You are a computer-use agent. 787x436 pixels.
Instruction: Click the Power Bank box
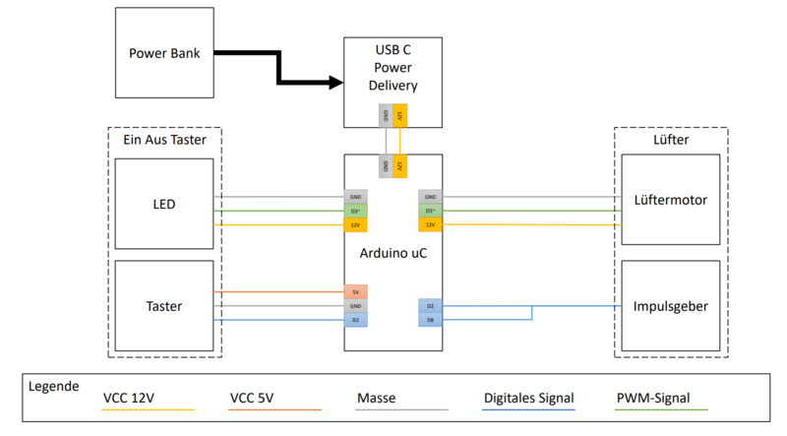(164, 52)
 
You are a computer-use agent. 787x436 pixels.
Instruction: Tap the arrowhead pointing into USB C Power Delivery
(333, 84)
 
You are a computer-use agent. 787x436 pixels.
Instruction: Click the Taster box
(164, 306)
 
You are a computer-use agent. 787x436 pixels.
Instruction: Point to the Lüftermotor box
(671, 201)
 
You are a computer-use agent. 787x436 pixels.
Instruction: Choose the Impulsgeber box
(671, 306)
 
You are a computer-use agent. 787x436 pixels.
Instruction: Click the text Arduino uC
(393, 252)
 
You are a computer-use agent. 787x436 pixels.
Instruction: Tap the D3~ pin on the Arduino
(355, 211)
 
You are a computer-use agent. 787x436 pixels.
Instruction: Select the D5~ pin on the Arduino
(430, 211)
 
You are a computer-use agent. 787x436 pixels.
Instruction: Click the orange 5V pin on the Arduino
(355, 291)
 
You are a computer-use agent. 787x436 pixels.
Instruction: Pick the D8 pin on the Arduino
(430, 320)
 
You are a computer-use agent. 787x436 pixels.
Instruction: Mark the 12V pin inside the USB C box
(399, 116)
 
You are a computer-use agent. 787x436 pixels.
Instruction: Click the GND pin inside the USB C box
(386, 116)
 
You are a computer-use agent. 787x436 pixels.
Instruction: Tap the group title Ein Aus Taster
(163, 141)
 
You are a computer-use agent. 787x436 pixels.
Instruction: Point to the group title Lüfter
(671, 141)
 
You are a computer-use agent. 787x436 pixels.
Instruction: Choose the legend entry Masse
(377, 399)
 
